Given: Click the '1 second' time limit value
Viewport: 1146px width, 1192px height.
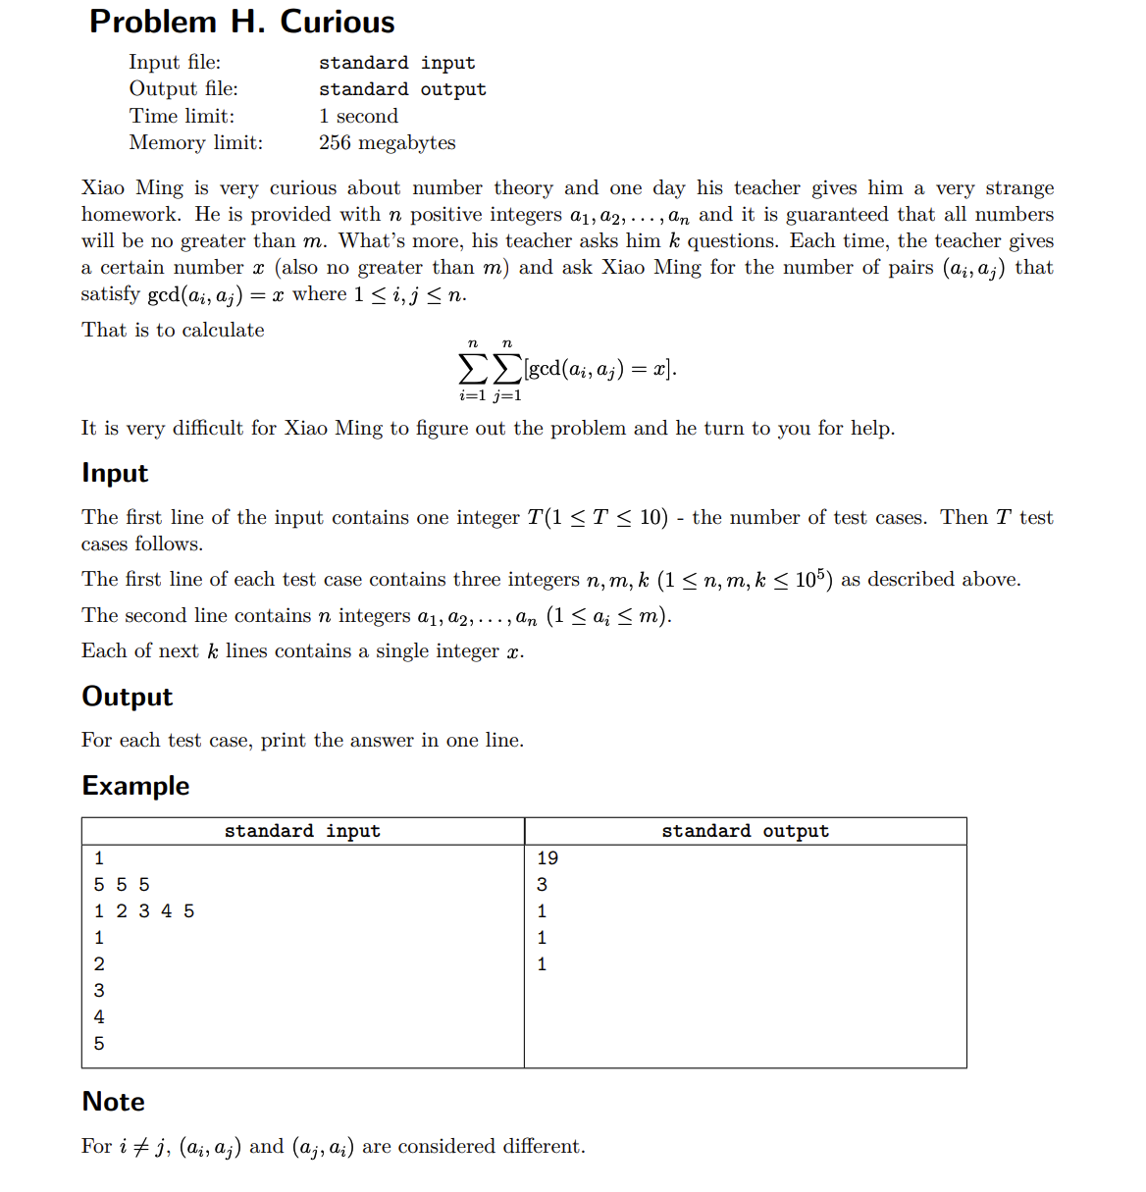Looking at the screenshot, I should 358,116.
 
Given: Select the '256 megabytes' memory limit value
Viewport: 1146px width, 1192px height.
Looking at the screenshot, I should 387,142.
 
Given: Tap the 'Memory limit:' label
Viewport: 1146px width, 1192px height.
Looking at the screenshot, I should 196,142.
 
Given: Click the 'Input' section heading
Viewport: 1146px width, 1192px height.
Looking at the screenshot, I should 115,473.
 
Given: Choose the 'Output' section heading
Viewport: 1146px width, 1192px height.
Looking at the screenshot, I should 127,697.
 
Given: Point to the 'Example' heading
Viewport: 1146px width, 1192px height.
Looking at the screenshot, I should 135,786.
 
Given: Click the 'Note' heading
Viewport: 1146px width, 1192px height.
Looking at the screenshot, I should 113,1102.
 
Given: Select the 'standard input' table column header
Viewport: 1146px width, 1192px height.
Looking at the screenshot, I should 302,831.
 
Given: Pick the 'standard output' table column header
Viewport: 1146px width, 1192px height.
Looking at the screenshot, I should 745,831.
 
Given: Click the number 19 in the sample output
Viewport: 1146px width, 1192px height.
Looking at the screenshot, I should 547,858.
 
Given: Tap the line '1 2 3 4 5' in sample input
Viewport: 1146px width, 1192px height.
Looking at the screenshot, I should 144,911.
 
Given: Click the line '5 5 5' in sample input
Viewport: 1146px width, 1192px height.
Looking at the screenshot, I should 122,885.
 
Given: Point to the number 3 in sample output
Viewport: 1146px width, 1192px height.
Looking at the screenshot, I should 542,885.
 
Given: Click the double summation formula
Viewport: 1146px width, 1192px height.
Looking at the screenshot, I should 567,369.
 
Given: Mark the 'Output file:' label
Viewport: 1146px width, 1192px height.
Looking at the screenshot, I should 183,89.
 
